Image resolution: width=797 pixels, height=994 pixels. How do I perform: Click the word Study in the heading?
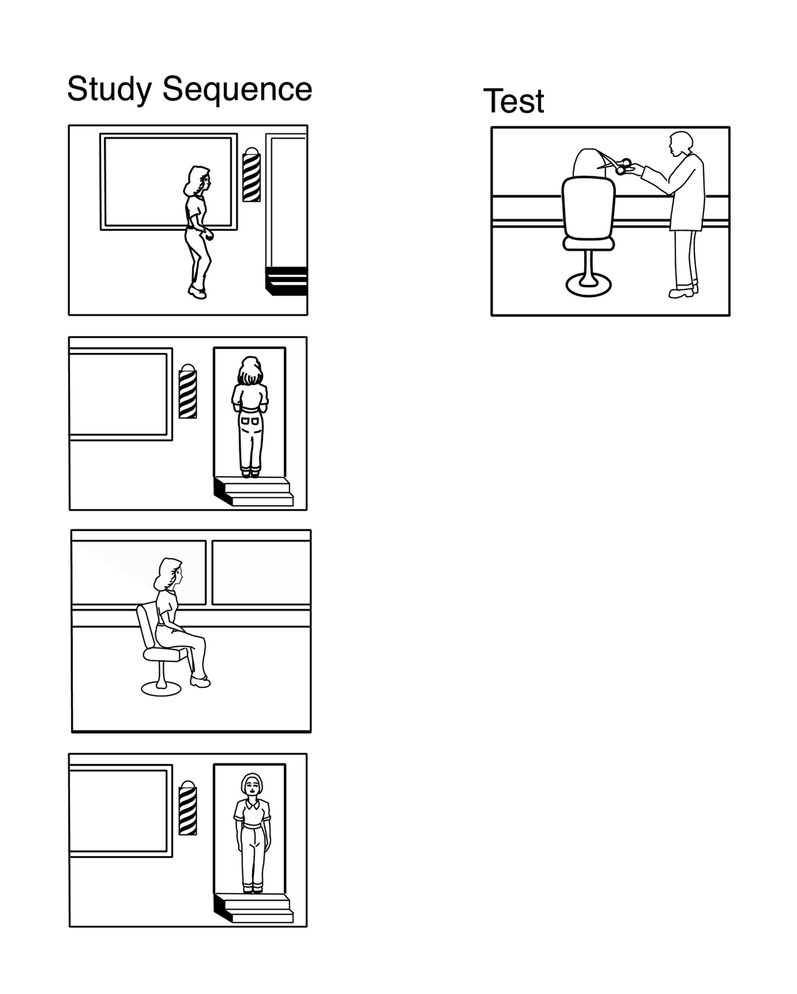109,89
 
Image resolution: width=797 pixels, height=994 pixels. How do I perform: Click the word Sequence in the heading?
237,89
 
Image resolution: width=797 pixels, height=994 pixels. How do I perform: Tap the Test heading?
514,101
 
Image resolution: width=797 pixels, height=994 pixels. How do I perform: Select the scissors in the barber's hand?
618,166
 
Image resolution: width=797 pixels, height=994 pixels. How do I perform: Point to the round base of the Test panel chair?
588,286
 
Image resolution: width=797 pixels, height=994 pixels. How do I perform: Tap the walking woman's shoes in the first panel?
197,292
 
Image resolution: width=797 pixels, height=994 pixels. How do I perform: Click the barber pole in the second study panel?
188,391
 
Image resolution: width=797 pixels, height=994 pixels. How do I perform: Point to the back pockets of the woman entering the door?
250,422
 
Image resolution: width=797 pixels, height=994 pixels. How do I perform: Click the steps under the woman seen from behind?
254,492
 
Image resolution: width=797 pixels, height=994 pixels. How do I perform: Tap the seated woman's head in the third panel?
170,573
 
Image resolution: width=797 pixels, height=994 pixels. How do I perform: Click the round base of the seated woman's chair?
161,689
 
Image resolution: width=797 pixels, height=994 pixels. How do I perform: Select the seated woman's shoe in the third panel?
200,681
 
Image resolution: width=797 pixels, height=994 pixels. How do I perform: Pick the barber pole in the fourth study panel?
188,808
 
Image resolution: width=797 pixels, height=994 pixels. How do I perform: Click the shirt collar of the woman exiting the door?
251,804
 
